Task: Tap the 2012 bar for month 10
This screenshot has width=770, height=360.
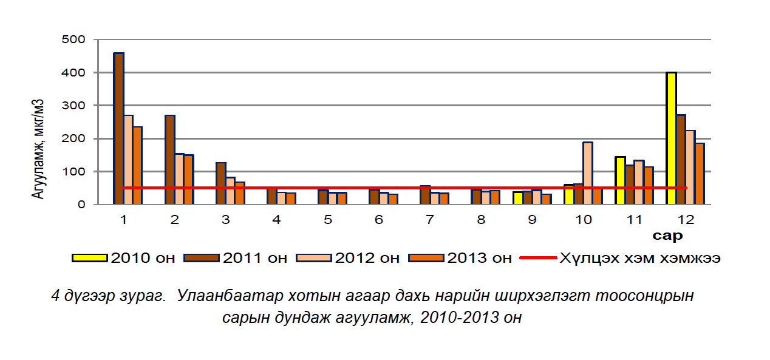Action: (588, 173)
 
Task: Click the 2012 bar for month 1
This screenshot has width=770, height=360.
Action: (128, 160)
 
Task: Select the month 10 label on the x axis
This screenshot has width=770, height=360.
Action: (583, 220)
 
